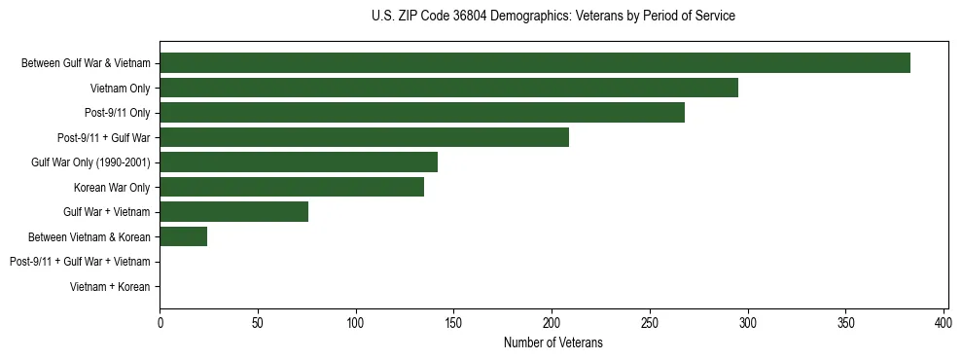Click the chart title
coord(552,17)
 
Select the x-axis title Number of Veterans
coord(552,342)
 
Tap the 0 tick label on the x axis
coord(160,322)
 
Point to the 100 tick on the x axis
coord(356,322)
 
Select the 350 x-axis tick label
coord(845,322)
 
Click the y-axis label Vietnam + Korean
coord(110,287)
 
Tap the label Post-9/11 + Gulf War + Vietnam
coord(80,262)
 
